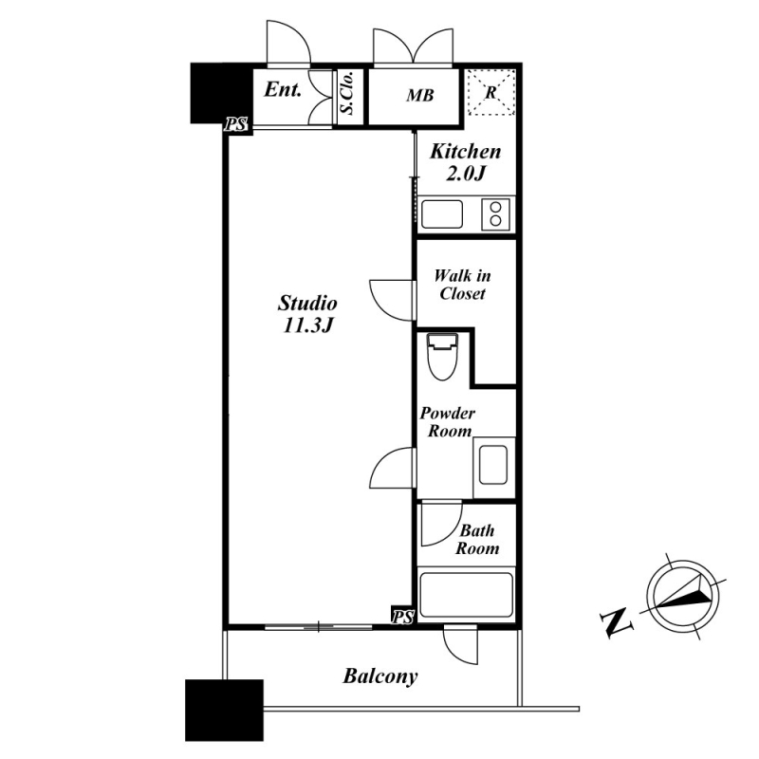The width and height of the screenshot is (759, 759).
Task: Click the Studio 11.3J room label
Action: click(x=307, y=314)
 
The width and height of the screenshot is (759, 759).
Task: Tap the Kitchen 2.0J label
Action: click(x=465, y=162)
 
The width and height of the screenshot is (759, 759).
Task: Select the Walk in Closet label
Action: click(x=462, y=286)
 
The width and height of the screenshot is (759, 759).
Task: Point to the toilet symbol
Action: click(x=441, y=357)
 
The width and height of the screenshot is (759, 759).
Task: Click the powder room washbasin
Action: click(x=493, y=465)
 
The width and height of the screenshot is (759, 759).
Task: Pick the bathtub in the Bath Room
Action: click(x=466, y=595)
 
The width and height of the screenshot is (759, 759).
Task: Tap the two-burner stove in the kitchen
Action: click(x=495, y=214)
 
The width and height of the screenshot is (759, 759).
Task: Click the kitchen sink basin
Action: click(x=442, y=214)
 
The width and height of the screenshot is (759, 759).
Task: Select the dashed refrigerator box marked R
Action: click(x=491, y=92)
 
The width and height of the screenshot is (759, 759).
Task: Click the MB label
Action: click(x=419, y=96)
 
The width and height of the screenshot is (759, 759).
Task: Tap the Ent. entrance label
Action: click(x=283, y=89)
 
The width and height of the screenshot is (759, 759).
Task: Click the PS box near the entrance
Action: click(x=236, y=125)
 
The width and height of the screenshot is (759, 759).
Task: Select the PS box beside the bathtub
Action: click(x=402, y=617)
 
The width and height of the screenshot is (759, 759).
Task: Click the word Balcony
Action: click(x=380, y=676)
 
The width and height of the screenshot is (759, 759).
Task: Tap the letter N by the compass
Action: click(x=616, y=623)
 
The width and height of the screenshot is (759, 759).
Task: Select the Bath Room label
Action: click(x=477, y=539)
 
